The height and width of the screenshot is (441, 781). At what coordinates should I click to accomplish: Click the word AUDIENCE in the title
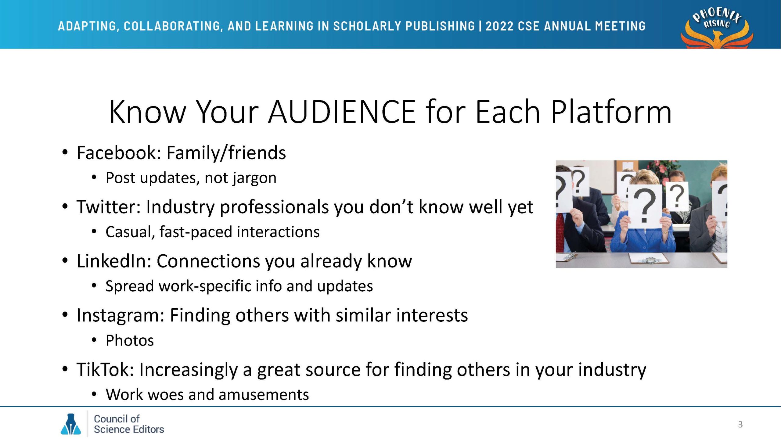(x=342, y=112)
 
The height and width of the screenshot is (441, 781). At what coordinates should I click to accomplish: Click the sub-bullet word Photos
(x=130, y=340)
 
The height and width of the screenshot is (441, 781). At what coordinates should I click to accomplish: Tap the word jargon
(x=254, y=178)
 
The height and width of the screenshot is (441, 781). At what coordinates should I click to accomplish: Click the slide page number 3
(x=740, y=425)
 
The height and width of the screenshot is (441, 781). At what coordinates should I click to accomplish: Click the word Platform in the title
(x=611, y=112)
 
